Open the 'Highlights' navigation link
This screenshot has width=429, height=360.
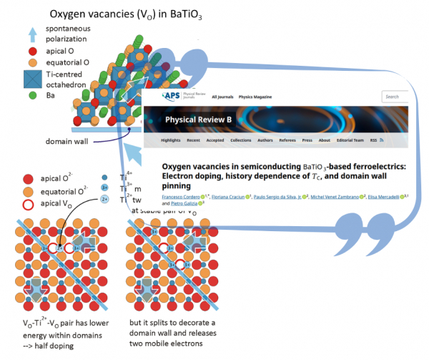[171, 140]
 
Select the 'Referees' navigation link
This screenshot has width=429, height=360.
[288, 140]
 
